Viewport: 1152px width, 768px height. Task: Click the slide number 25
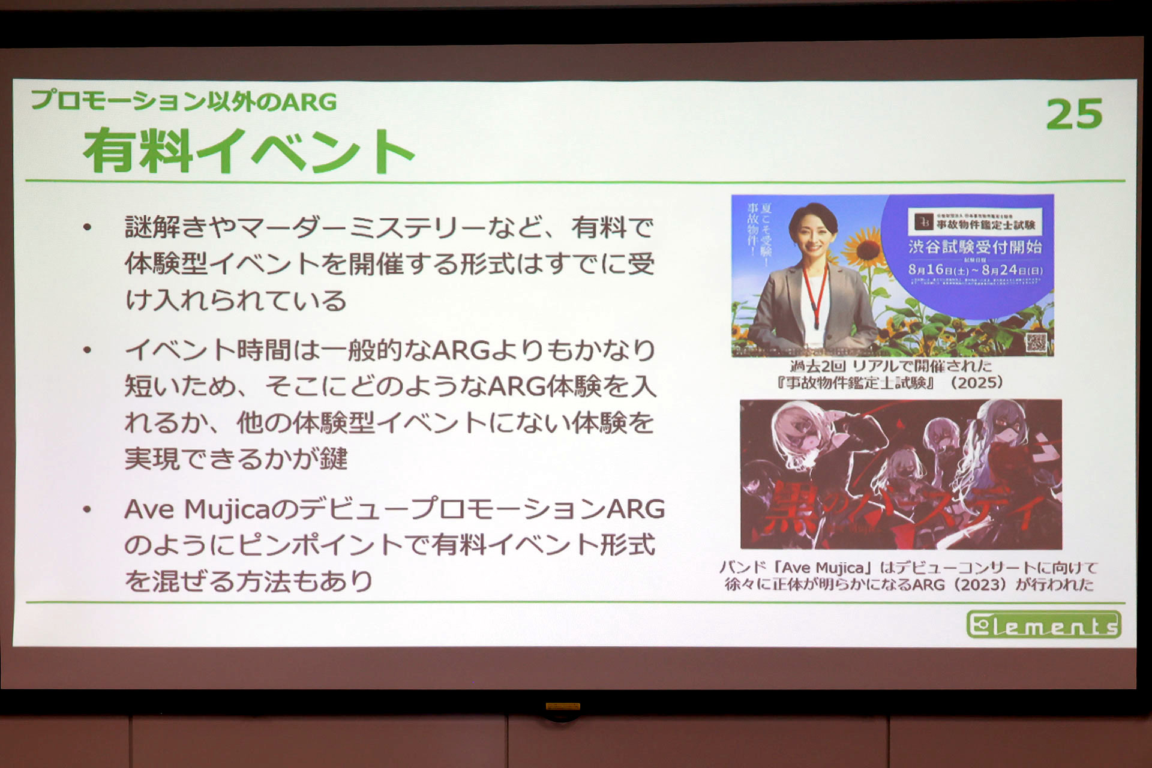(1074, 114)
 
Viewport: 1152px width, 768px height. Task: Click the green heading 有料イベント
(248, 151)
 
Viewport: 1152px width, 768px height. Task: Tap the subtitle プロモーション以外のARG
(184, 101)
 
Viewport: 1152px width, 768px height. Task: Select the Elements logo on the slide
(1043, 625)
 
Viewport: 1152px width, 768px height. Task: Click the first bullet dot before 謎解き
(88, 227)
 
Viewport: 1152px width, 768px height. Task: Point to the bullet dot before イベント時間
(88, 350)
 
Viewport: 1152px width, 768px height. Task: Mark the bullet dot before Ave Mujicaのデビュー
(88, 509)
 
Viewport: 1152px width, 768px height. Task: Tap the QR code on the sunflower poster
(1036, 343)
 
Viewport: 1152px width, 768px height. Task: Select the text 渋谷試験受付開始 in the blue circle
(975, 247)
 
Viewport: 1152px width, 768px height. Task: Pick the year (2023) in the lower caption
(982, 584)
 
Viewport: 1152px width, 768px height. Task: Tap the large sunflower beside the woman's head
(863, 246)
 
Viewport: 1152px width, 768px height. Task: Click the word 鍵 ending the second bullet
(334, 459)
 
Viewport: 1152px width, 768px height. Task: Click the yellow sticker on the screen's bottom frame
(562, 707)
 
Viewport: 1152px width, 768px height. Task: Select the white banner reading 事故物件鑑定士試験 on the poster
(975, 223)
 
